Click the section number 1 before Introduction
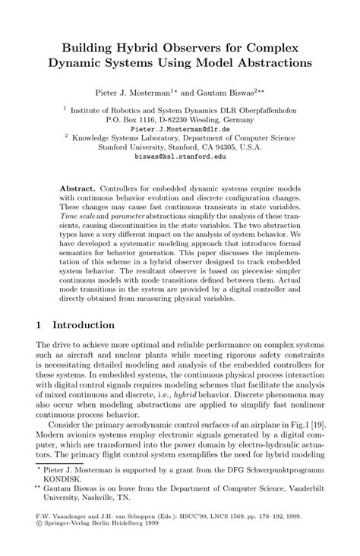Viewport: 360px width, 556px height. tap(39, 325)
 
